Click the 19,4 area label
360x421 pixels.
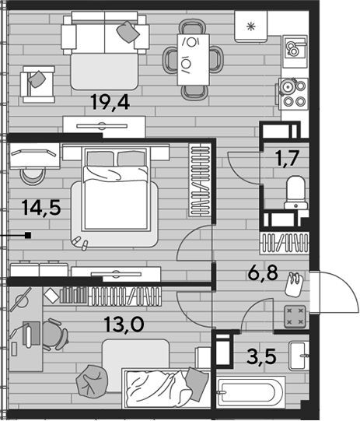110,102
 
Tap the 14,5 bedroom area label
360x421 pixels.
41,208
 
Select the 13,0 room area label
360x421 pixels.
124,324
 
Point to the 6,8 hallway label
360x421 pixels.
263,272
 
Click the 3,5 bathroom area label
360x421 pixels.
261,356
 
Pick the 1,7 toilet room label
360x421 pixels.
286,158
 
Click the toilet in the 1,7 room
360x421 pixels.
295,192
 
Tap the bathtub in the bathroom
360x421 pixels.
250,392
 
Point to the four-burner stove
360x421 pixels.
293,93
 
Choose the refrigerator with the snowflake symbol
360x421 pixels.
251,26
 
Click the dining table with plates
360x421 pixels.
193,59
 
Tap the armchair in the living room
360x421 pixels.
38,84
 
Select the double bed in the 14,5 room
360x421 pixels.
116,189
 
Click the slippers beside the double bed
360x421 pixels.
80,243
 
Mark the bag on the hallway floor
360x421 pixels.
294,285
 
